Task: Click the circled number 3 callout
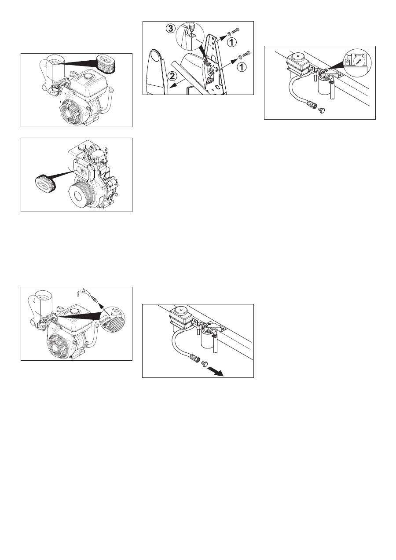coord(171,29)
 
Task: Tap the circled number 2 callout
coord(172,76)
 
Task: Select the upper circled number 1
coord(232,42)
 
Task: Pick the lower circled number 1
coord(242,66)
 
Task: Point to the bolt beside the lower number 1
coord(246,54)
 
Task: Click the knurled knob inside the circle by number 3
coord(192,26)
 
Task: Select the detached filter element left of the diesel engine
coord(45,182)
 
